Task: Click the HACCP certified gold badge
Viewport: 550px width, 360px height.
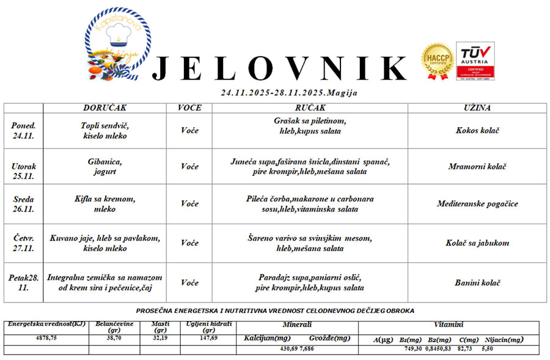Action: point(437,62)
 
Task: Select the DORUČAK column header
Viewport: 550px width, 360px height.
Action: point(105,108)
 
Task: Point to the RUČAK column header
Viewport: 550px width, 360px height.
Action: point(310,108)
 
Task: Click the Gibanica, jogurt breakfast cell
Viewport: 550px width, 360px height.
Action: point(105,166)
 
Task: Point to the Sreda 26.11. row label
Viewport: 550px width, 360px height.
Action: point(23,204)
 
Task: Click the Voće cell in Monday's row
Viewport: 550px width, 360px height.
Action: point(189,130)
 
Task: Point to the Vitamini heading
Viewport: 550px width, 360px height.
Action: point(448,325)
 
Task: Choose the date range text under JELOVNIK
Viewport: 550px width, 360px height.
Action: point(289,93)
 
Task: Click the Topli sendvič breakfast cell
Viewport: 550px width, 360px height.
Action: point(105,130)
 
